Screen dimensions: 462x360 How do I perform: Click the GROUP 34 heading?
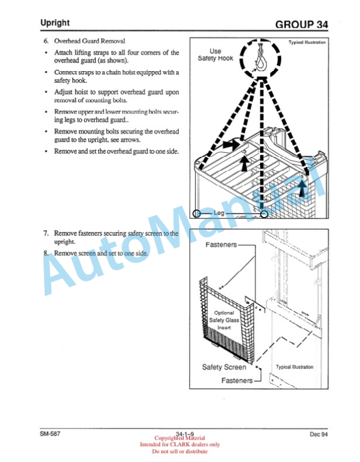pos(301,25)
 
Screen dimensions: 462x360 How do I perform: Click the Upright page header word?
pos(55,23)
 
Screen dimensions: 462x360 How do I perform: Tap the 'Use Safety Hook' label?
pos(215,55)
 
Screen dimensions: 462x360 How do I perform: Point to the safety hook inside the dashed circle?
pos(261,59)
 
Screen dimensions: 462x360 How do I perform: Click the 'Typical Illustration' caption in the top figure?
pos(306,42)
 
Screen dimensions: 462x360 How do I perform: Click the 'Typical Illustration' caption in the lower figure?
pos(295,367)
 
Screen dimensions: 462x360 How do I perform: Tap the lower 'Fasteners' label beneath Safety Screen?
pos(236,380)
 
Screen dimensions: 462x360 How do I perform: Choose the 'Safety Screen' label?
pos(224,367)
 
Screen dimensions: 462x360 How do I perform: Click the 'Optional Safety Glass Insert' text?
pos(224,320)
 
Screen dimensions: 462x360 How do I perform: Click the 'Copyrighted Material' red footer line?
pos(179,438)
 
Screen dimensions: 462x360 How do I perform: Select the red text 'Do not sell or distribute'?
pos(179,451)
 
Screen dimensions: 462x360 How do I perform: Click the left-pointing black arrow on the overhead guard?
pos(232,142)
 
